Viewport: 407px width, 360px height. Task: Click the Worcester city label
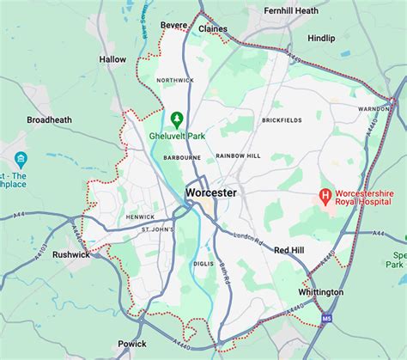tap(210, 193)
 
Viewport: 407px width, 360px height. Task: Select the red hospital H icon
tap(325, 197)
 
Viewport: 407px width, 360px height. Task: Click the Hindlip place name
tap(322, 39)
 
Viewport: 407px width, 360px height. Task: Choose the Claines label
tap(213, 28)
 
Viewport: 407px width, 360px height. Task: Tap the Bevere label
tap(174, 26)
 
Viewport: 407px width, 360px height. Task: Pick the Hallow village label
tap(112, 59)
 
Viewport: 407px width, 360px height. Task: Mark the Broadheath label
tap(51, 120)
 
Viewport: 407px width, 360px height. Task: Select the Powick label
tap(132, 343)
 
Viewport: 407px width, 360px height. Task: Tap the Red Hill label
tap(289, 250)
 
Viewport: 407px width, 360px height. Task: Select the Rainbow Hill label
tap(238, 155)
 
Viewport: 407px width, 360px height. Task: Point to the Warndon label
tap(374, 109)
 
